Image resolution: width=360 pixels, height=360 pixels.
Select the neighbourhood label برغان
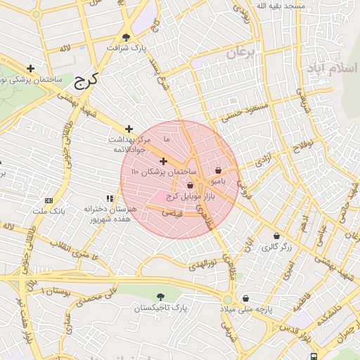coord(238,53)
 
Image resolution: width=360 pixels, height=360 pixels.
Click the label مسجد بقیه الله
coord(281,6)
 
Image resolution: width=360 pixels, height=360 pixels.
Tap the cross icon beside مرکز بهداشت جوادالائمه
coord(129,129)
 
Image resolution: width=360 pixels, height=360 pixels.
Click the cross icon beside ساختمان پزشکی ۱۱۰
coord(164,162)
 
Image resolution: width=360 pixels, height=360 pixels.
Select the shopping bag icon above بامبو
coord(218,170)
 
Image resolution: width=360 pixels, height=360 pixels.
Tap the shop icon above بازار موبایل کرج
coord(190,186)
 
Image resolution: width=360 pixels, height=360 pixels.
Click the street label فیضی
coord(172,211)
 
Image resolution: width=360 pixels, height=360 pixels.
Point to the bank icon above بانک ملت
coord(48,200)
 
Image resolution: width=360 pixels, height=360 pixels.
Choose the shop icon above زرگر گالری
coord(276,236)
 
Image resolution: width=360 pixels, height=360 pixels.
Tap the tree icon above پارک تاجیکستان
coord(162,297)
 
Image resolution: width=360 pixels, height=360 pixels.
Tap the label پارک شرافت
coord(128,48)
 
